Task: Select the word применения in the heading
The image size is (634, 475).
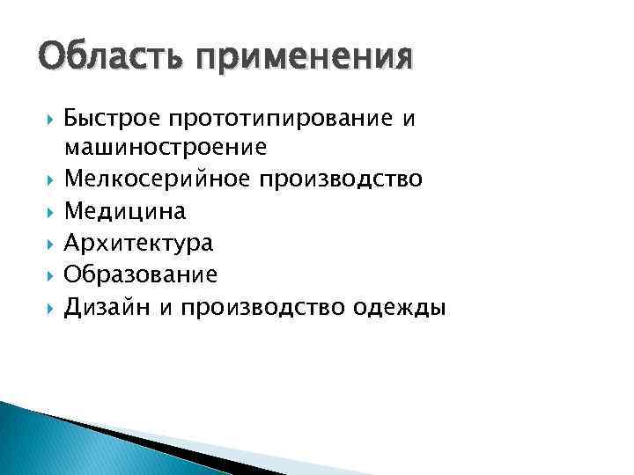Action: click(x=304, y=59)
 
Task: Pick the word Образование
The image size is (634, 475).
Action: click(x=141, y=274)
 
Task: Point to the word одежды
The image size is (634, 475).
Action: click(x=400, y=307)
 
